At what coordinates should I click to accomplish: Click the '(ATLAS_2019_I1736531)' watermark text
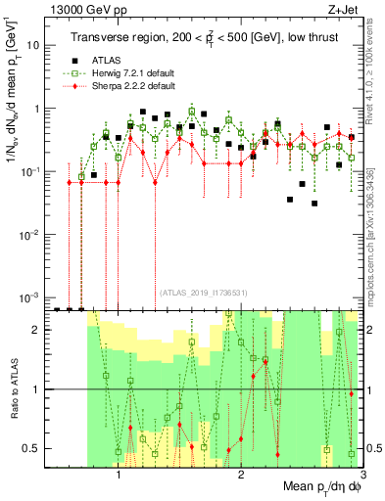[203, 292]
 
